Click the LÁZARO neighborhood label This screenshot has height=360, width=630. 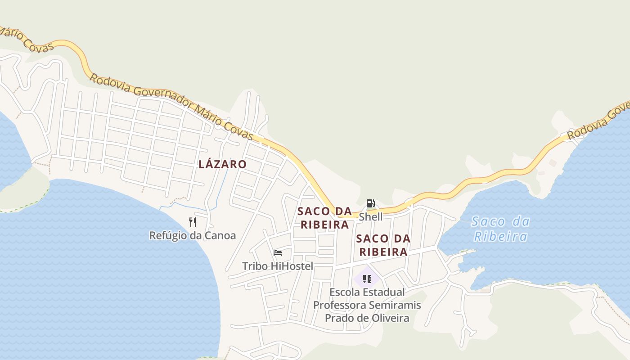coord(222,164)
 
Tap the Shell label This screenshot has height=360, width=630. coord(370,217)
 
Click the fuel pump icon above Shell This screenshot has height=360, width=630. coord(370,203)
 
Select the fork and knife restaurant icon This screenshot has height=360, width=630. coord(193,222)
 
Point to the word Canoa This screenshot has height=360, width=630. coord(220,235)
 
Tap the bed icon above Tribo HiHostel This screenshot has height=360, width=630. coord(278,252)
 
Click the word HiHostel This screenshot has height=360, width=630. coord(292,266)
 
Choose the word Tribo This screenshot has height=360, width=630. coord(255,266)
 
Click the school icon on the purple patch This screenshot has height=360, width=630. coord(367,279)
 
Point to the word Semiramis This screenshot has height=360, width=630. coord(395,305)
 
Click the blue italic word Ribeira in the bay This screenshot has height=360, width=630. coord(500,236)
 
